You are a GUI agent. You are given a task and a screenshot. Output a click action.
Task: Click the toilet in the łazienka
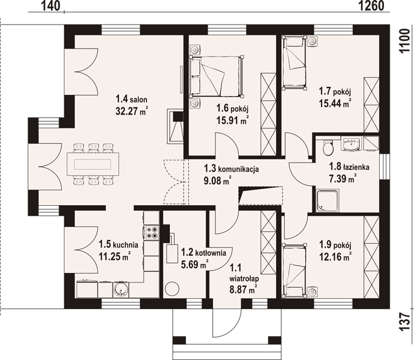tap(328, 148)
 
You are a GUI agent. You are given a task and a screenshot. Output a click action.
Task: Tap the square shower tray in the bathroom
tap(328, 200)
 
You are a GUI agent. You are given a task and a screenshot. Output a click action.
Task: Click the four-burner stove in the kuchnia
tap(152, 232)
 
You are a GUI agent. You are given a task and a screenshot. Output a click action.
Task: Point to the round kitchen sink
tap(121, 289)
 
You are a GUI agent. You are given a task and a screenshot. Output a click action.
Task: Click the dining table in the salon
tap(92, 164)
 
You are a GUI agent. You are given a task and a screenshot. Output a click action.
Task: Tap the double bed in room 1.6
tap(217, 76)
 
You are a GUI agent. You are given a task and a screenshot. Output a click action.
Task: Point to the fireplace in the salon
tap(175, 126)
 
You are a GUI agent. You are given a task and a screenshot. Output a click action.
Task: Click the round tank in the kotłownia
tap(172, 289)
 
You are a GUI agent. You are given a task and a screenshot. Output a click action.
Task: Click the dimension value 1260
tap(371, 5)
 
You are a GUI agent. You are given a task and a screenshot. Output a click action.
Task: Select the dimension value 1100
tap(404, 41)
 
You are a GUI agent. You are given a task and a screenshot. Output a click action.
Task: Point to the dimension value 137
tap(404, 322)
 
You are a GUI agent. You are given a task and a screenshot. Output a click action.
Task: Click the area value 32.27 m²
tap(131, 111)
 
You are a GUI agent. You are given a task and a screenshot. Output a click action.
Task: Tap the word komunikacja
tap(238, 169)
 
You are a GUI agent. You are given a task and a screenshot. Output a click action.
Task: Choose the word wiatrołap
tap(244, 278)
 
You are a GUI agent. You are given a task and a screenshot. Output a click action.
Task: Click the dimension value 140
tap(50, 5)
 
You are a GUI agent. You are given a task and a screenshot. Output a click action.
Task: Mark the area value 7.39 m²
tap(342, 179)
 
